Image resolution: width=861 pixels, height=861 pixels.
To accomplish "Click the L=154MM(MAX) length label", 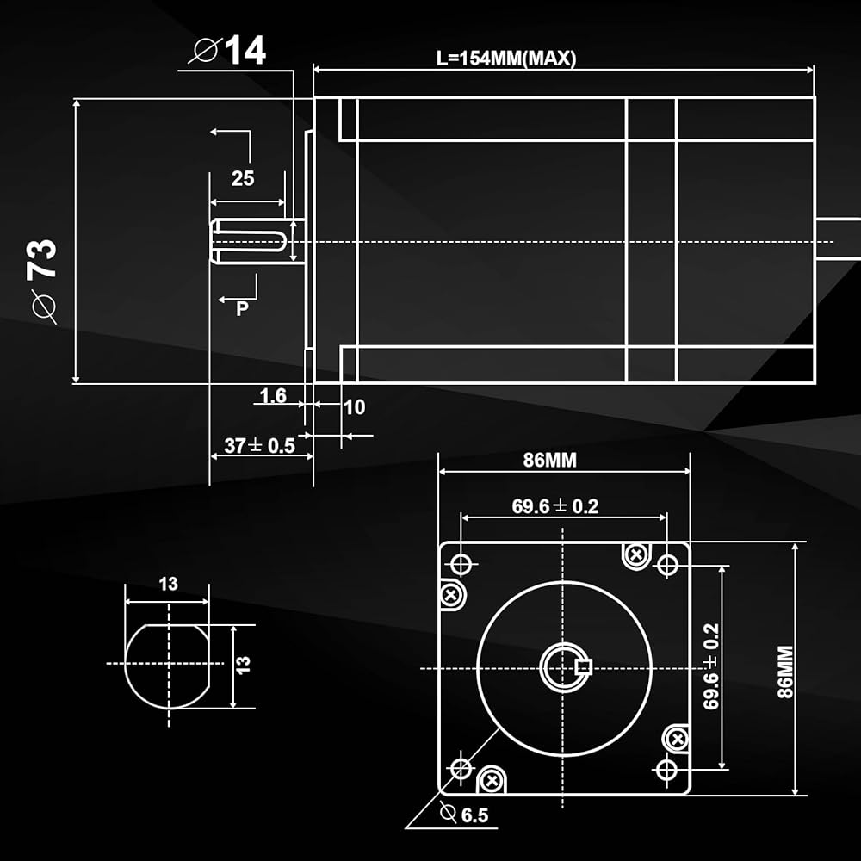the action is pyautogui.click(x=505, y=59).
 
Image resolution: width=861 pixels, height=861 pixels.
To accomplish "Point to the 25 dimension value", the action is pyautogui.click(x=243, y=178).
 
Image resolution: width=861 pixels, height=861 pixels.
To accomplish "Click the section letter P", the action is pyautogui.click(x=243, y=308).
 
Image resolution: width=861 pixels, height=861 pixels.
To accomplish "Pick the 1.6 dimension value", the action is pyautogui.click(x=272, y=396).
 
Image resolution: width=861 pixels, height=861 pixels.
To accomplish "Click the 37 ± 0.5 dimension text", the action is pyautogui.click(x=259, y=445).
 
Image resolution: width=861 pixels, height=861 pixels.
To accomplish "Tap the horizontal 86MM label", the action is pyautogui.click(x=550, y=460).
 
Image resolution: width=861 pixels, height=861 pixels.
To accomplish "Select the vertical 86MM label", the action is pyautogui.click(x=784, y=671).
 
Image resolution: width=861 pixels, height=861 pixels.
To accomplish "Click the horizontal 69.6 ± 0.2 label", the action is pyautogui.click(x=554, y=506).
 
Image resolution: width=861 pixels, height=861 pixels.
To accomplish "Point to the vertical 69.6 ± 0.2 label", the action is pyautogui.click(x=711, y=666).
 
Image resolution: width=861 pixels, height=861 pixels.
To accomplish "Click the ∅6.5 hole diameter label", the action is pyautogui.click(x=464, y=814).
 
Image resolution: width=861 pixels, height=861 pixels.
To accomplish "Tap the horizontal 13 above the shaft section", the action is pyautogui.click(x=168, y=584).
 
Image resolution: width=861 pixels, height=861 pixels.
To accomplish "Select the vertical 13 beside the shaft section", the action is pyautogui.click(x=244, y=664).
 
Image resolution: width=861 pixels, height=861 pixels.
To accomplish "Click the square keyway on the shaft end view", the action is pyautogui.click(x=582, y=665).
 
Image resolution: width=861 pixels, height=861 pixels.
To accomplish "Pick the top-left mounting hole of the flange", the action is pyautogui.click(x=461, y=564).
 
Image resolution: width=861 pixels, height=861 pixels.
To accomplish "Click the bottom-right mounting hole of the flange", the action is pyautogui.click(x=666, y=768).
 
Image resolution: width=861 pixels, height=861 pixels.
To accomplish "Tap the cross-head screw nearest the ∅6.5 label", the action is pyautogui.click(x=492, y=780).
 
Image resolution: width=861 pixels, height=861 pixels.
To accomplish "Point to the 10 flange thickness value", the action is pyautogui.click(x=355, y=406).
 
